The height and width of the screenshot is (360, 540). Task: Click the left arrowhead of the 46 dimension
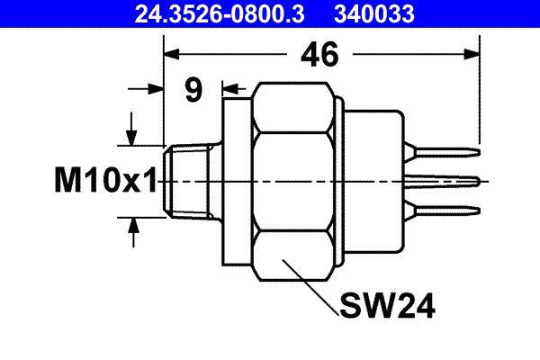tap(171, 55)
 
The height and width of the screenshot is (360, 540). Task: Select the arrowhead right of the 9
tap(228, 89)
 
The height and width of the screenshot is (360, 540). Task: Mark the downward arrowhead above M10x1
tap(132, 136)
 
